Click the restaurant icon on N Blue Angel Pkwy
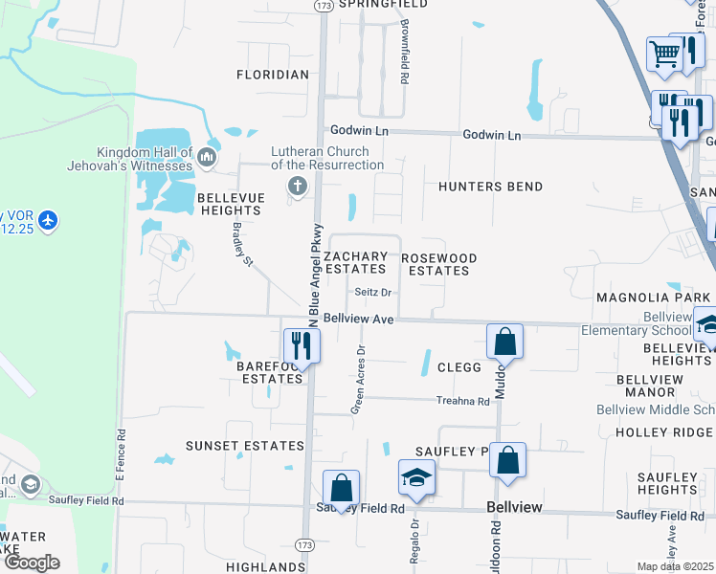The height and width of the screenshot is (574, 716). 302,346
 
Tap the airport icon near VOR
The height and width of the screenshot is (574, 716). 49,222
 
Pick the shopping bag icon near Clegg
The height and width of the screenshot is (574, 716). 504,342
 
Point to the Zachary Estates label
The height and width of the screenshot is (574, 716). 355,263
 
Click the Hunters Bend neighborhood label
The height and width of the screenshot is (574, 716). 490,187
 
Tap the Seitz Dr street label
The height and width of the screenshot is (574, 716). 374,293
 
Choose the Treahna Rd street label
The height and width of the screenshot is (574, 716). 461,401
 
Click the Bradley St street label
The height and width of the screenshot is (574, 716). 241,244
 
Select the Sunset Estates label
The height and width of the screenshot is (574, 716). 245,446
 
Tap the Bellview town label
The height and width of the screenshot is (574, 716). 515,506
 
